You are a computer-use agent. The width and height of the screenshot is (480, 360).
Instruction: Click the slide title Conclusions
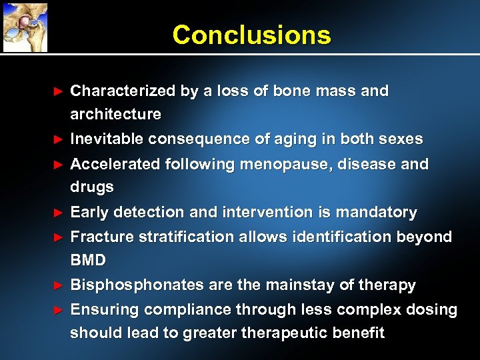pyautogui.click(x=251, y=35)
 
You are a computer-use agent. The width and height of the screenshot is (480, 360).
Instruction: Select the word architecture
pyautogui.click(x=115, y=115)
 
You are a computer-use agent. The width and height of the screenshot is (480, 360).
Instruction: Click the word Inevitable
pyautogui.click(x=107, y=139)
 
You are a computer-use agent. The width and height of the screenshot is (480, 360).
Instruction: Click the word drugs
pyautogui.click(x=92, y=188)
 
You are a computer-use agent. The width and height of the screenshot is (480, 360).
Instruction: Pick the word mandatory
pyautogui.click(x=376, y=213)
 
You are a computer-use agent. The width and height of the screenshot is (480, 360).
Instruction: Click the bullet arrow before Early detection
pyautogui.click(x=58, y=213)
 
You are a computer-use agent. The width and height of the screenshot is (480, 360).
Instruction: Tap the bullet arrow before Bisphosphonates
pyautogui.click(x=58, y=285)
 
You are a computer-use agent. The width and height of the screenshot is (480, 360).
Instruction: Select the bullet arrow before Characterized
pyautogui.click(x=58, y=91)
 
